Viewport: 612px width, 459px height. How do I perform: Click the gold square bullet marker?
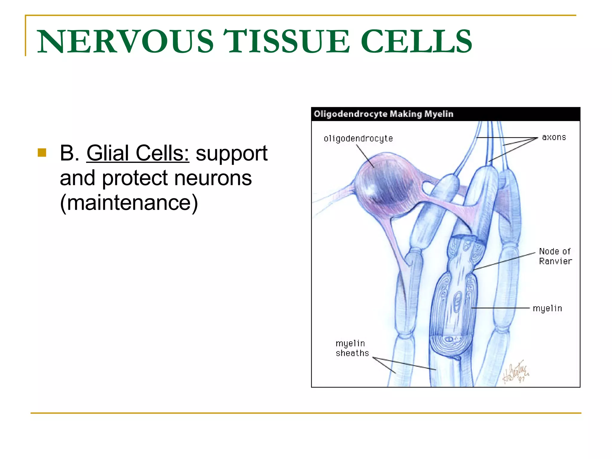click(x=42, y=153)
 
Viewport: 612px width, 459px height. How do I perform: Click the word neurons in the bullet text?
click(x=213, y=178)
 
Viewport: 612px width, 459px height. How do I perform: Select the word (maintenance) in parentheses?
click(x=129, y=203)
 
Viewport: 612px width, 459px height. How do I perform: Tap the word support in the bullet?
click(x=231, y=153)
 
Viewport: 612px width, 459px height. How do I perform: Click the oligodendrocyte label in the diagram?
click(x=358, y=139)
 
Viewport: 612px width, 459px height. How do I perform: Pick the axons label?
click(x=554, y=137)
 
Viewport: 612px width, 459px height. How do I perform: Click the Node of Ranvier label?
click(x=555, y=256)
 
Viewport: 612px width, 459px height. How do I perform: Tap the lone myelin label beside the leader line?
click(x=547, y=308)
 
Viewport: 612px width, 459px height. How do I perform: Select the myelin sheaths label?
click(x=352, y=348)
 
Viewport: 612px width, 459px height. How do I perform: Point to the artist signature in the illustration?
click(x=515, y=374)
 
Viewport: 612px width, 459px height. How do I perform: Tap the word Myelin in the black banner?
click(x=439, y=114)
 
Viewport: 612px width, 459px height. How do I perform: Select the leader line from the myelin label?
click(x=501, y=308)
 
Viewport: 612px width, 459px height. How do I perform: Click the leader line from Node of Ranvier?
click(x=505, y=261)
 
